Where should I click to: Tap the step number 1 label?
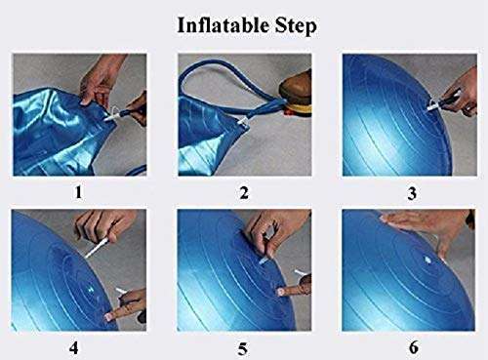[x=78, y=192]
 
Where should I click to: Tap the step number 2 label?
[x=244, y=192]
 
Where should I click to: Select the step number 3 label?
[x=411, y=192]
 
